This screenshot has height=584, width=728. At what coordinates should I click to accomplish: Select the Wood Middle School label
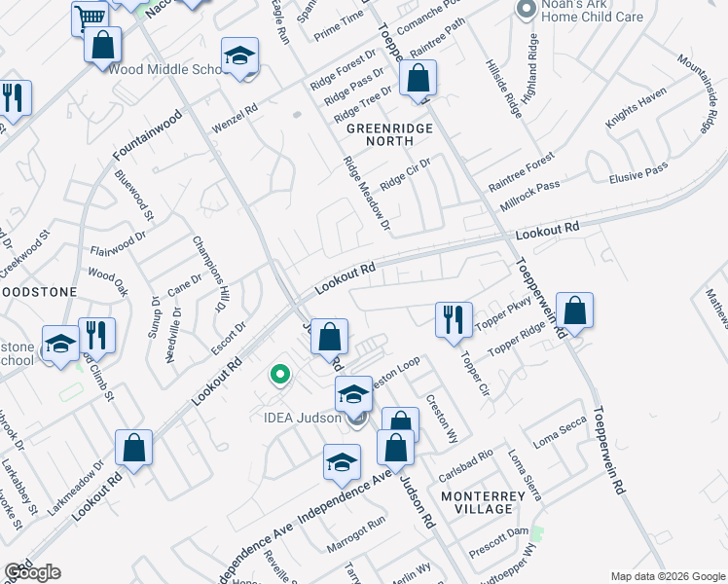pyautogui.click(x=167, y=70)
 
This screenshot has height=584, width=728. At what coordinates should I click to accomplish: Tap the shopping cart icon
pyautogui.click(x=90, y=17)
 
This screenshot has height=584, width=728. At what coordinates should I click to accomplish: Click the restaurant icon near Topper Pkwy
pyautogui.click(x=454, y=319)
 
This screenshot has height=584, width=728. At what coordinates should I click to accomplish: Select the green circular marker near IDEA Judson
pyautogui.click(x=280, y=374)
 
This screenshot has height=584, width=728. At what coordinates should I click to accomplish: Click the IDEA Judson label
pyautogui.click(x=301, y=419)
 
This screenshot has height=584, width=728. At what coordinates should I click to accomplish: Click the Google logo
pyautogui.click(x=32, y=572)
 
